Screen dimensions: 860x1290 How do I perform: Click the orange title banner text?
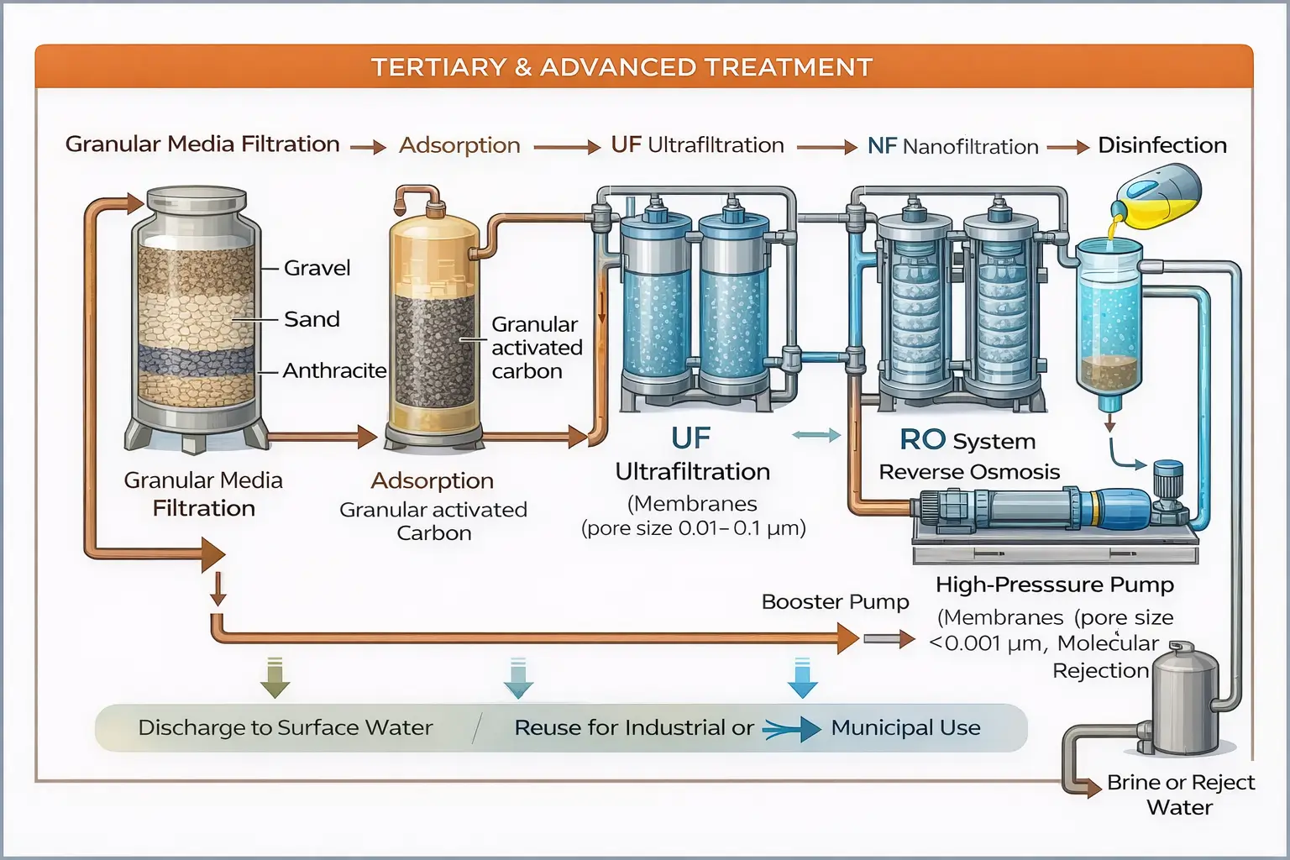tap(621, 67)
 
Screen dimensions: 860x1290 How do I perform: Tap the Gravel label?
tap(317, 268)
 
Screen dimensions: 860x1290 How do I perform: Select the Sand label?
tap(312, 319)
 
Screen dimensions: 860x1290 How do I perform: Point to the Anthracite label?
tap(334, 370)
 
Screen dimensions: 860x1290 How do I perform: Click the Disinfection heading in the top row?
tap(1162, 145)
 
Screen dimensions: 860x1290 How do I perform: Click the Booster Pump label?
tap(835, 602)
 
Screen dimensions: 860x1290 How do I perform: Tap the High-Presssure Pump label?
tap(1055, 585)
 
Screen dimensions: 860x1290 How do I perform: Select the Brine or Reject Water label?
tap(1180, 794)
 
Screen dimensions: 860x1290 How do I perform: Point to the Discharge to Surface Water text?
tap(286, 727)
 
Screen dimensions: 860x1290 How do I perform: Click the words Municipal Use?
tap(905, 727)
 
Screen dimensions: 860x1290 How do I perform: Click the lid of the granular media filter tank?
tap(197, 199)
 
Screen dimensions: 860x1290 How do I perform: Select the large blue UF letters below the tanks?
tap(690, 438)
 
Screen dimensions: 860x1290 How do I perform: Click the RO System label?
tap(967, 440)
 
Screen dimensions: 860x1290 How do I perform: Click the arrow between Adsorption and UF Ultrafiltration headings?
tap(567, 147)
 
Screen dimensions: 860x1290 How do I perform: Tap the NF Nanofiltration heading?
tap(952, 146)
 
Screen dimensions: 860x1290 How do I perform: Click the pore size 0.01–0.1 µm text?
tap(694, 528)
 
